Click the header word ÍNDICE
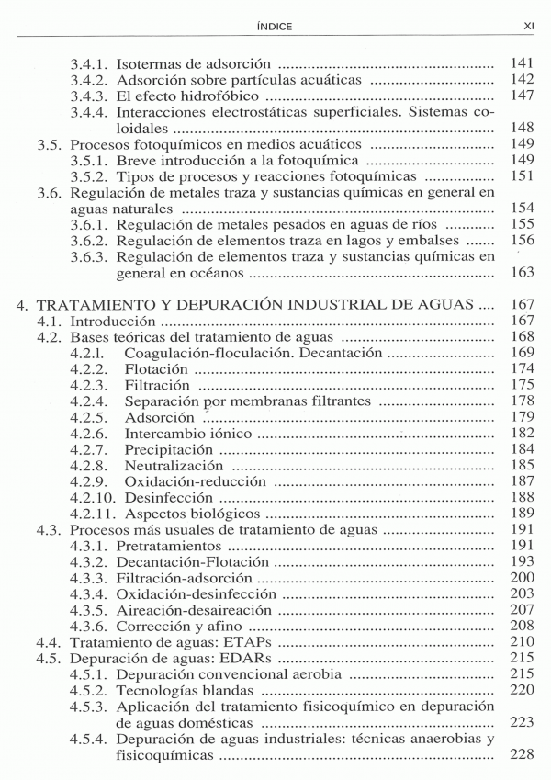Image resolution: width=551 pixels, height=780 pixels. click(x=275, y=27)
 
